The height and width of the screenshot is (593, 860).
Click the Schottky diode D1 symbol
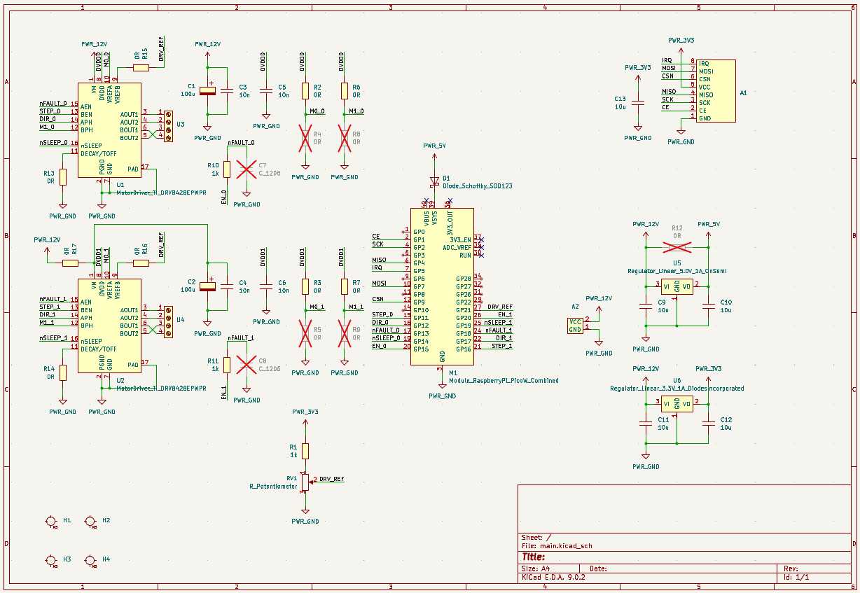[x=434, y=181]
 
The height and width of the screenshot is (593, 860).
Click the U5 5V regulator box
[x=677, y=286]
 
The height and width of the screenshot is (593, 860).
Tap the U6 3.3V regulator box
[x=677, y=403]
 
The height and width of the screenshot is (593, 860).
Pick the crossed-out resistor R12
[x=677, y=246]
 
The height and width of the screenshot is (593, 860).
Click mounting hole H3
[x=50, y=560]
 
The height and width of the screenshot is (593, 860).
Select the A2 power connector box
[x=575, y=325]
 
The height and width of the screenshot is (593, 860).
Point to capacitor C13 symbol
[x=637, y=103]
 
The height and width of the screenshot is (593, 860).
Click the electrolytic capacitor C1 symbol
[x=207, y=90]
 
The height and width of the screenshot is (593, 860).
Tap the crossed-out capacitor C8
[x=246, y=363]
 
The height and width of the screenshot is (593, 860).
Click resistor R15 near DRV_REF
[x=141, y=67]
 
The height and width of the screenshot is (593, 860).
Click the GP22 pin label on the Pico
[x=463, y=302]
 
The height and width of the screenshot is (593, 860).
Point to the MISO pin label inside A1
[x=705, y=95]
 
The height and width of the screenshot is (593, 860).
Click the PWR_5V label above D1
[x=434, y=146]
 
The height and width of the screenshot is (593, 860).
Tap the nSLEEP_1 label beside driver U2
[x=53, y=337]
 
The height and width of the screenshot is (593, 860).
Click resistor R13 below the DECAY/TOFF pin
[x=62, y=176]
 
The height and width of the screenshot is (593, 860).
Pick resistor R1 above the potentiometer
[x=305, y=450]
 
